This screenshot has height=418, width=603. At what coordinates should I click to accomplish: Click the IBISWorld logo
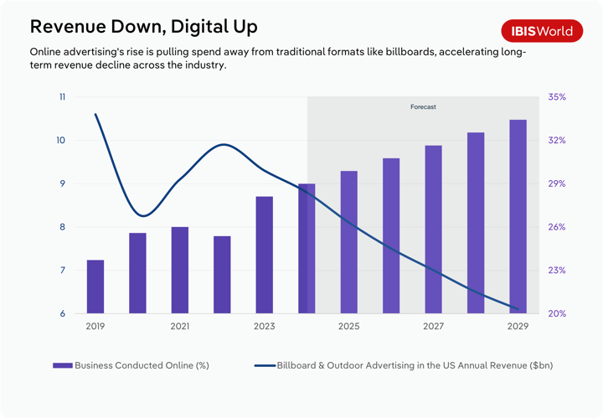[x=543, y=31]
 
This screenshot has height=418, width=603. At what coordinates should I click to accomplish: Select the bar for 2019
[x=95, y=286]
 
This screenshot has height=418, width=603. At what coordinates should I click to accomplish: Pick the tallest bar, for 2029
[x=518, y=216]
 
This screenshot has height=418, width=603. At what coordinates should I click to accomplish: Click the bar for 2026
[x=391, y=235]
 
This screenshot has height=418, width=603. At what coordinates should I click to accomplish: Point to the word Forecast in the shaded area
[x=423, y=107]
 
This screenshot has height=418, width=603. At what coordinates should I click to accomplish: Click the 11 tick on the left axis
[x=62, y=97]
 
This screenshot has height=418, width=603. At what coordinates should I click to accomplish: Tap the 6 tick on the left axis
[x=62, y=314]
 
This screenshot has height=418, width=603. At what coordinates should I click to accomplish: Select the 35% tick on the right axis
[x=557, y=97]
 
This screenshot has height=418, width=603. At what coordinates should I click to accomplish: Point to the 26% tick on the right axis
[x=557, y=227]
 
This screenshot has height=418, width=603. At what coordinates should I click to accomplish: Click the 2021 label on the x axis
[x=180, y=327]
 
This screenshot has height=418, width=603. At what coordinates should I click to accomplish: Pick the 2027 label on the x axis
[x=433, y=327]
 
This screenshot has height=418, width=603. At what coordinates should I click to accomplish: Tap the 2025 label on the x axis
[x=348, y=327]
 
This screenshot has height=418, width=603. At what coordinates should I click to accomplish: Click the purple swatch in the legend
[x=63, y=365]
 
